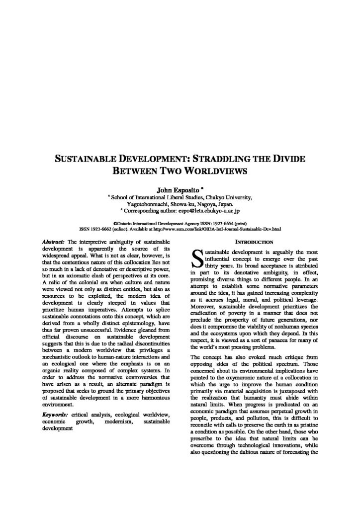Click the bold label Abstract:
click(54, 241)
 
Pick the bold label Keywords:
click(56, 414)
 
